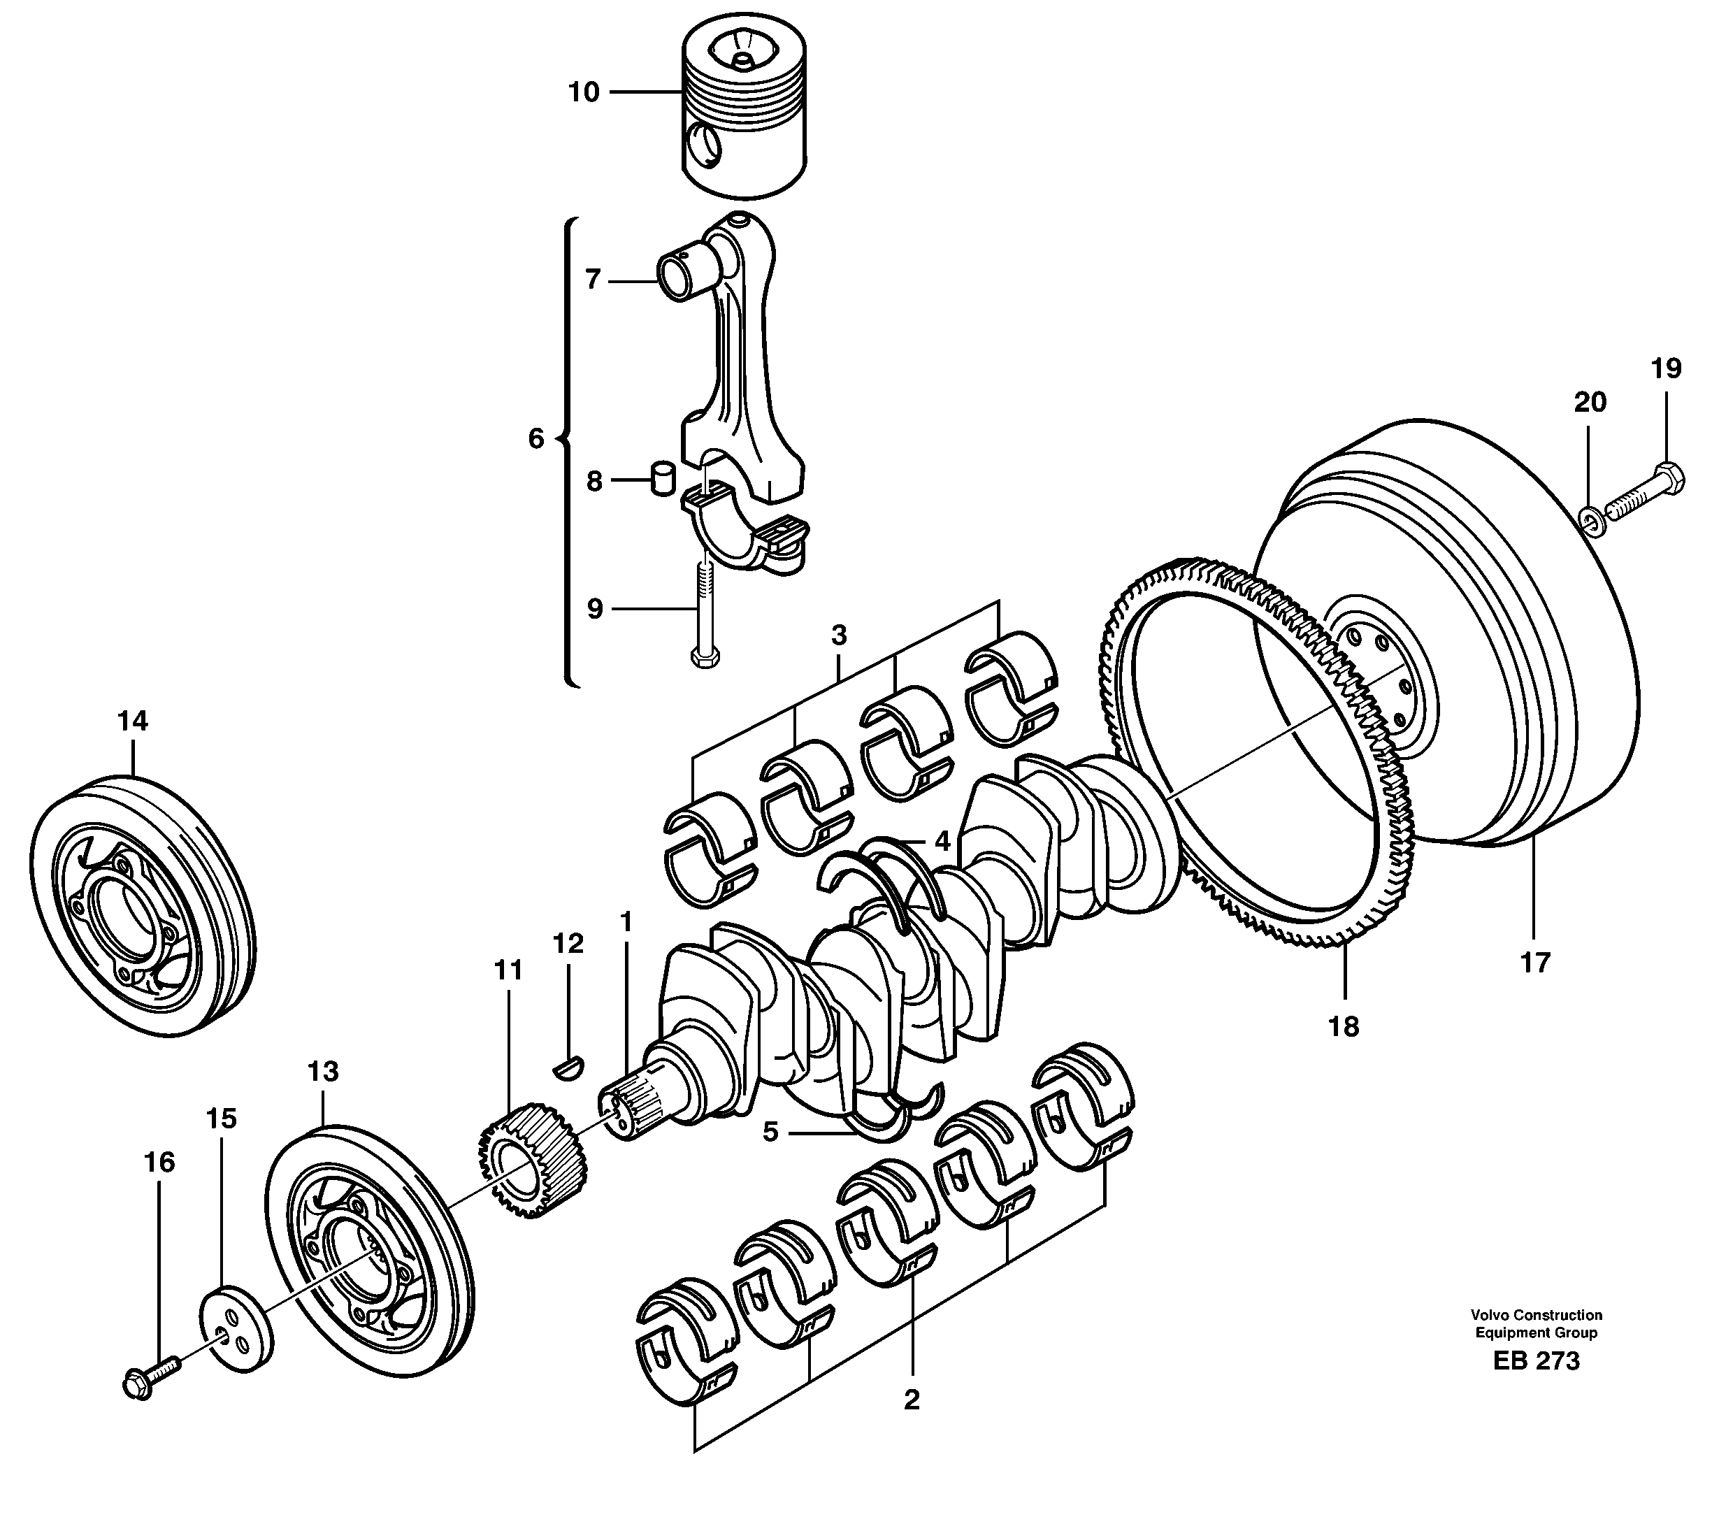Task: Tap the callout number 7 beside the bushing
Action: [x=593, y=279]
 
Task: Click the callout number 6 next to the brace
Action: [x=536, y=438]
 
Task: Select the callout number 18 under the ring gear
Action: [x=1344, y=1026]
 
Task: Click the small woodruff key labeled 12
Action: [x=570, y=1068]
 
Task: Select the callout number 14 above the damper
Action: [x=133, y=721]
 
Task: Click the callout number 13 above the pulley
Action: [x=323, y=1071]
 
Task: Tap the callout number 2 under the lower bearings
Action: [x=911, y=1400]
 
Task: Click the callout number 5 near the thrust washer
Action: [x=770, y=1131]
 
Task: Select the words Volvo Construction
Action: [x=1536, y=1315]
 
